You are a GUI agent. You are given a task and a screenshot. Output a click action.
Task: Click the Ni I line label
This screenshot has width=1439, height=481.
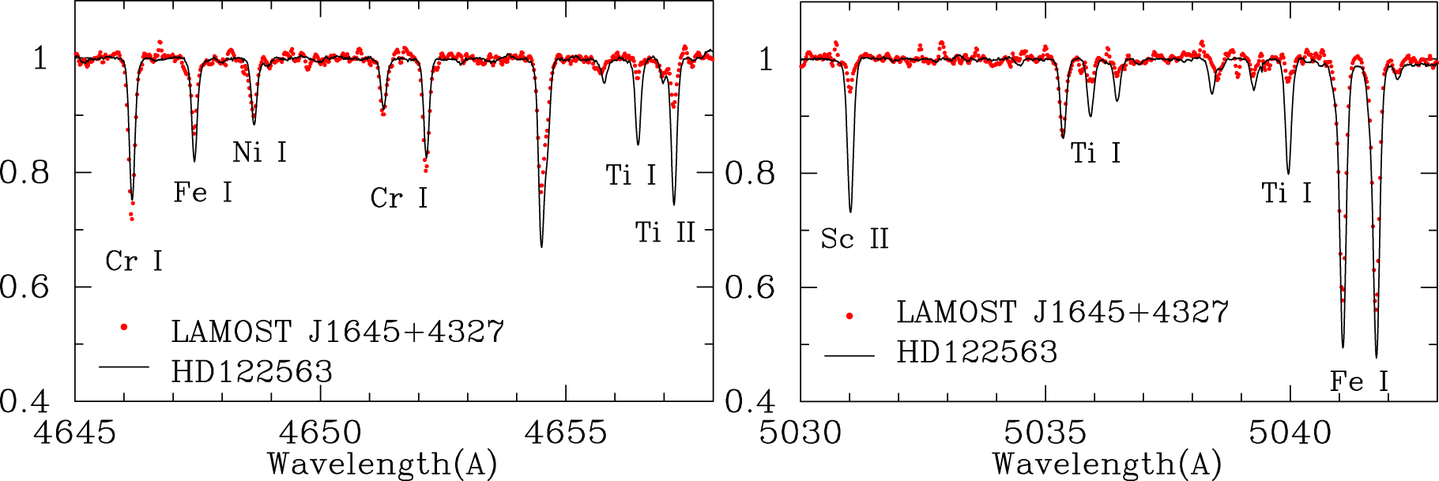coord(259,152)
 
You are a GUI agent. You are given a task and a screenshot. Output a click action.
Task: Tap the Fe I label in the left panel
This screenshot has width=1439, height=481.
coord(203,192)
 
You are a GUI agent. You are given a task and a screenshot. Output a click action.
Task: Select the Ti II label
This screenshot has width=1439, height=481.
coord(665,232)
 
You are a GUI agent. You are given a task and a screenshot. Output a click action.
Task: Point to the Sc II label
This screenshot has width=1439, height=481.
coord(854,239)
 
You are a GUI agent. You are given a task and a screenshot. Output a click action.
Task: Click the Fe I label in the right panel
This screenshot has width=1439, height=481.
coord(1358,381)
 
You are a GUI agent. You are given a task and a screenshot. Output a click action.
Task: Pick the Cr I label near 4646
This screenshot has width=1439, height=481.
coord(134,261)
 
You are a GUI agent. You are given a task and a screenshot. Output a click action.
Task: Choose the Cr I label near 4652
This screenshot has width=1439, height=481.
coord(398,197)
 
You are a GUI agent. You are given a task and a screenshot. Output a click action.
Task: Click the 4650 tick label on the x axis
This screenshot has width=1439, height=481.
coord(321,432)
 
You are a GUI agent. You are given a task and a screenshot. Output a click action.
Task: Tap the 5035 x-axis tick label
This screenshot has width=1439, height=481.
coord(1045,432)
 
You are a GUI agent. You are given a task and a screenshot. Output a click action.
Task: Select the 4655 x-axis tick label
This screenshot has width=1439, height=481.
coord(566,432)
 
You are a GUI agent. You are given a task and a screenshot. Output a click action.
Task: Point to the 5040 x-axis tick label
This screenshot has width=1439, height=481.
coord(1290,432)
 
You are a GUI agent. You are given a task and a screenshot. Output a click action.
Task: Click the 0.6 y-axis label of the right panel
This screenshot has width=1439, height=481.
coord(750,287)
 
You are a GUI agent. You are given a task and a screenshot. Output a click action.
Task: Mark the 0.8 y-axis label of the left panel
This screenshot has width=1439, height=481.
coord(24,172)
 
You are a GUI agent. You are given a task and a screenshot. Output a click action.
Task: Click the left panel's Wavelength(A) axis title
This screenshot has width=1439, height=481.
coord(382,464)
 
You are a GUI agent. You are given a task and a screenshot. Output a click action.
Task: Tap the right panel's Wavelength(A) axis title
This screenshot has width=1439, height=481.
coord(1107,464)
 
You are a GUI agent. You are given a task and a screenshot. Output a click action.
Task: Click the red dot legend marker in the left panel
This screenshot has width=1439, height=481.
coord(124,327)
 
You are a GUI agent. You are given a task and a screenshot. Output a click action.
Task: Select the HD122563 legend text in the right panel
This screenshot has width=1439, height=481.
coord(977,352)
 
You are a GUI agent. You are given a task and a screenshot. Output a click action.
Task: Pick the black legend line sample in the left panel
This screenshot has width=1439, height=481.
coord(124,366)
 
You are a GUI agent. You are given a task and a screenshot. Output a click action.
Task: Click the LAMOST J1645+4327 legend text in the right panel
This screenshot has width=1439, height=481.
coord(1062,312)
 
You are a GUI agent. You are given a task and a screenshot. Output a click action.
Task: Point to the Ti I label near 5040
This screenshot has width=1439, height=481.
coord(1286,193)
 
